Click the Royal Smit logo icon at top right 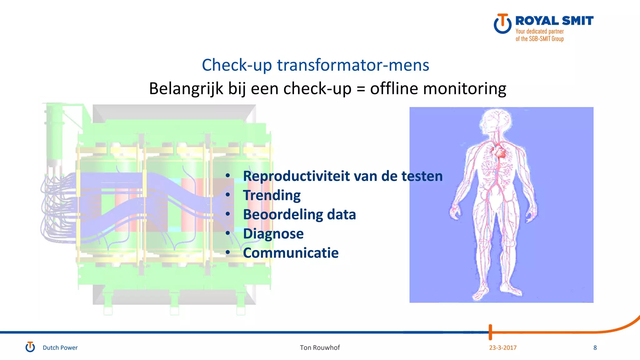pyautogui.click(x=502, y=24)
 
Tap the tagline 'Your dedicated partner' pyautogui.click(x=539, y=31)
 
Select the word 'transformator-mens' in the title pyautogui.click(x=353, y=65)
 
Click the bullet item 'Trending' pyautogui.click(x=272, y=196)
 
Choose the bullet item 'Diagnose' pyautogui.click(x=273, y=234)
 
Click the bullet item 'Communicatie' pyautogui.click(x=291, y=253)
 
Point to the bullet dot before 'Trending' pyautogui.click(x=228, y=195)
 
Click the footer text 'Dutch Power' pyautogui.click(x=60, y=348)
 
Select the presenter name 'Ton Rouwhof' pyautogui.click(x=320, y=348)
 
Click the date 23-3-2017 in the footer pyautogui.click(x=502, y=348)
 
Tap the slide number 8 pyautogui.click(x=595, y=348)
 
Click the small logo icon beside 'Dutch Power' pyautogui.click(x=30, y=347)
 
